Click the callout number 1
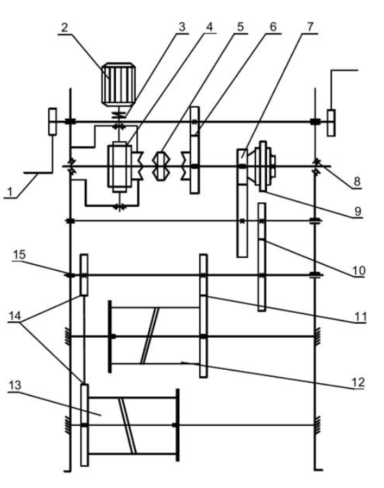(x=10, y=191)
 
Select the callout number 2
(x=64, y=27)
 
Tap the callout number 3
(x=182, y=27)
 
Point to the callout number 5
(x=240, y=27)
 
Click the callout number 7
(x=310, y=27)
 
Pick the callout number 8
(x=357, y=181)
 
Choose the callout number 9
(x=358, y=211)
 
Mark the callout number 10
(x=358, y=270)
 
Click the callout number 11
(x=360, y=316)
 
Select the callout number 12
(x=358, y=382)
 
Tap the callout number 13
(x=15, y=385)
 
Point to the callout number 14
(x=15, y=316)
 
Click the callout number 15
(x=19, y=254)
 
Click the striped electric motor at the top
(x=118, y=84)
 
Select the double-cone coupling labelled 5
(x=161, y=166)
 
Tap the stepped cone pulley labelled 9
(x=265, y=166)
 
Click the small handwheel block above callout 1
(x=52, y=122)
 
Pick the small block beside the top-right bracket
(x=331, y=122)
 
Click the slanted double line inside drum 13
(x=127, y=425)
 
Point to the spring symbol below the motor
(x=119, y=114)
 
